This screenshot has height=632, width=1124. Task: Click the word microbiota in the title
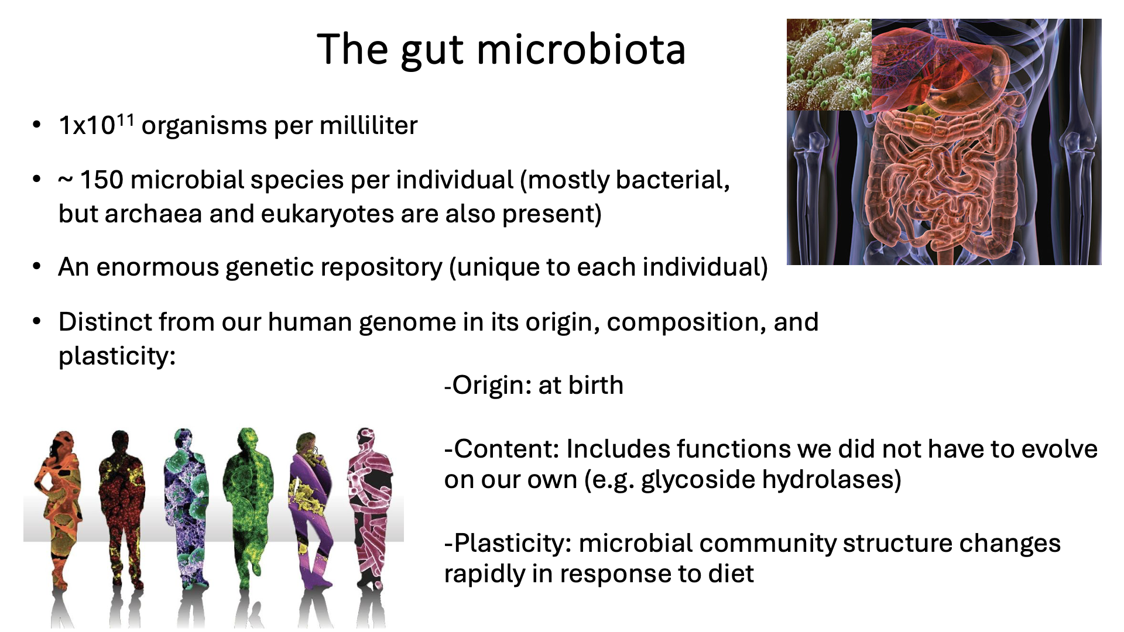[581, 49]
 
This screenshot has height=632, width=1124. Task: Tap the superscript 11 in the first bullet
[125, 119]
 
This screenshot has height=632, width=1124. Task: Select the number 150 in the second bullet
[101, 180]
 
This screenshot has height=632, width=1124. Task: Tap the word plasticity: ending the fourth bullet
[117, 356]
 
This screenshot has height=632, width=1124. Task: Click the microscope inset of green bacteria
[829, 64]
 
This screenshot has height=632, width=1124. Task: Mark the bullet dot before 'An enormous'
[37, 267]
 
